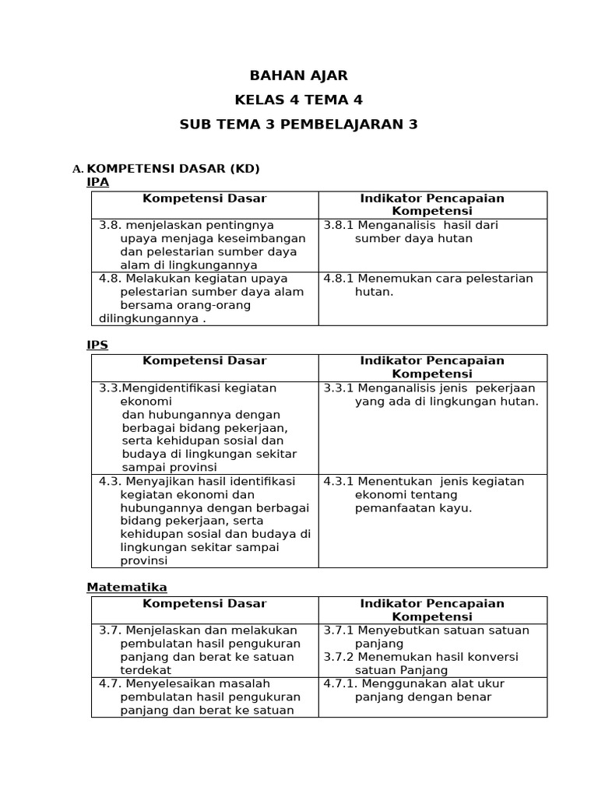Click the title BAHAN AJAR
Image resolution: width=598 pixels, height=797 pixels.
coord(298,75)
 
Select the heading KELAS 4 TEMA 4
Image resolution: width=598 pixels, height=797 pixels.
coord(298,100)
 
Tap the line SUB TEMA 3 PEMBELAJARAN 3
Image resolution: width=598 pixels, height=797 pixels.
coord(298,125)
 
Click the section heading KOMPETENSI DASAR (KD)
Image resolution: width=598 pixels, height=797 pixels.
coord(173,169)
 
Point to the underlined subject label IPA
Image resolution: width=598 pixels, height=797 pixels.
coord(97,182)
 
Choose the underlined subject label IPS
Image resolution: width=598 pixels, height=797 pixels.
coord(97,345)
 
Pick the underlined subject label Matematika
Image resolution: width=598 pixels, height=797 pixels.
coord(126,587)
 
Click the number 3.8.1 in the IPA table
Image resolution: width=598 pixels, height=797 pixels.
coord(339,226)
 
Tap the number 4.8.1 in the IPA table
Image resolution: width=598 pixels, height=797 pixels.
coord(339,279)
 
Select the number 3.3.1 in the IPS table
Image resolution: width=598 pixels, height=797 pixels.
coord(339,388)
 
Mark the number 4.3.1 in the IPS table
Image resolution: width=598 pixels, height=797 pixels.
coord(339,482)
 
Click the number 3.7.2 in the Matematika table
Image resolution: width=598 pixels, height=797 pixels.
coord(339,657)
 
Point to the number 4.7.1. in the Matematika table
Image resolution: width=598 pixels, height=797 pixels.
coord(340,684)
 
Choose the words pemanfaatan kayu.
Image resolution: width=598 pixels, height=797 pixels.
coord(413,508)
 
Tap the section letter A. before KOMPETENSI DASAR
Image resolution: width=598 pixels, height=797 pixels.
coord(77,170)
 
